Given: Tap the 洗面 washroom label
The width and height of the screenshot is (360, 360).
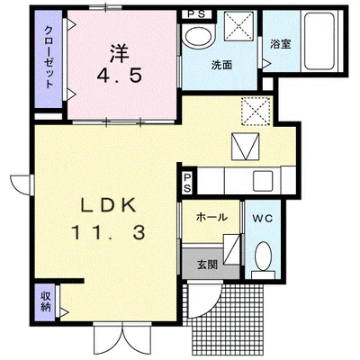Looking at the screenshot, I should click(x=221, y=66).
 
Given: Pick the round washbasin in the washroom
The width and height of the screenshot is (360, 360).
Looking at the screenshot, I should click(x=195, y=39).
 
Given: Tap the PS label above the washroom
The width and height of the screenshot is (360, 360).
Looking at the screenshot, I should click(x=195, y=13).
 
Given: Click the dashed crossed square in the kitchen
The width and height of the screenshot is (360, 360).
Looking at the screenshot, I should click(x=256, y=112).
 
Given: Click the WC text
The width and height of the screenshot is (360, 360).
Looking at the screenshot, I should click(x=263, y=217).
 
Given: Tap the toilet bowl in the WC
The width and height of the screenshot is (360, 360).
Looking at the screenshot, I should click(x=264, y=259).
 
